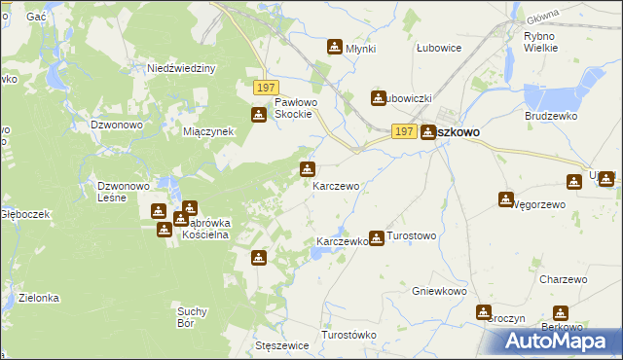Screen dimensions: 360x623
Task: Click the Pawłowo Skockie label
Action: click(x=292, y=108)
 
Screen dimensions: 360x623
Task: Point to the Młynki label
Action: click(x=360, y=49)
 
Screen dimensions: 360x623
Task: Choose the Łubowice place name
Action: click(x=438, y=48)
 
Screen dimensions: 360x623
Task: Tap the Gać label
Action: click(x=36, y=18)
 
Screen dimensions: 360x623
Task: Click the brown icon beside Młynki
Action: click(x=335, y=47)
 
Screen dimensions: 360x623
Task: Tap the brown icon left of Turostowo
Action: click(x=376, y=236)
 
